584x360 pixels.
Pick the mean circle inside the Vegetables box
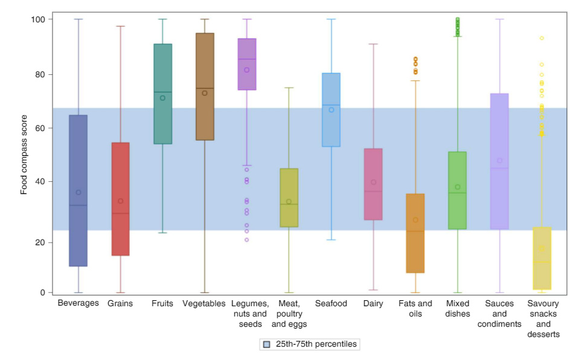(205, 93)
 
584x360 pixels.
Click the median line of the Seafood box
(331, 105)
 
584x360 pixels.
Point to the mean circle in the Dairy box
(373, 182)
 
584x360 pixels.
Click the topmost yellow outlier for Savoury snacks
(542, 38)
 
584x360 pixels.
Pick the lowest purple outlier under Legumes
(246, 240)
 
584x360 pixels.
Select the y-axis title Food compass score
(24, 156)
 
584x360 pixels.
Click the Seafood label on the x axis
(331, 303)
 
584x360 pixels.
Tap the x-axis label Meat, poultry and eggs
(289, 313)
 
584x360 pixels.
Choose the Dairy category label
(373, 303)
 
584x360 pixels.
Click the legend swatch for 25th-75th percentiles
(266, 344)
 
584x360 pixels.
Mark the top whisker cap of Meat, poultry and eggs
(289, 88)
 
